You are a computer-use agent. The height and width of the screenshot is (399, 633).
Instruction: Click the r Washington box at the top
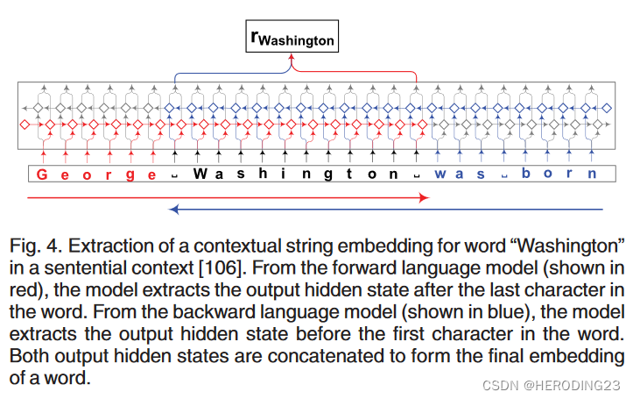(292, 37)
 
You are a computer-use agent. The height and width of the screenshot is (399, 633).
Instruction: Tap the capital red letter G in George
(41, 174)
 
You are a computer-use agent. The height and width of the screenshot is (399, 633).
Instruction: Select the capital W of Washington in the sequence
(199, 174)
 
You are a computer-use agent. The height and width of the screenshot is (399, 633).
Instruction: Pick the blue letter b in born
(525, 174)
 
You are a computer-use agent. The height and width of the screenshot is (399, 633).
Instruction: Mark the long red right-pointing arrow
(228, 198)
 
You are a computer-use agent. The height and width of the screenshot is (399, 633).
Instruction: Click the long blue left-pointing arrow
(385, 210)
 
